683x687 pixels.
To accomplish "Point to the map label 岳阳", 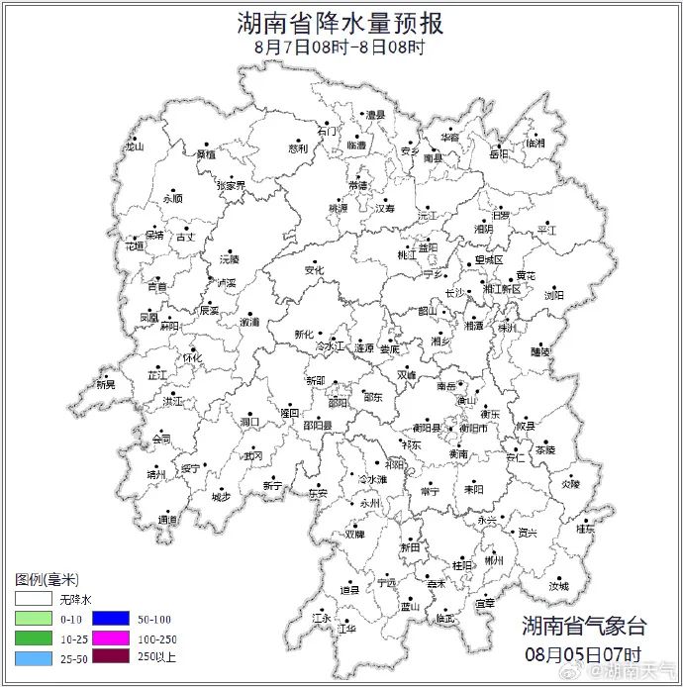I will click(x=499, y=154).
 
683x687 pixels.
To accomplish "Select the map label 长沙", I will click(x=454, y=293).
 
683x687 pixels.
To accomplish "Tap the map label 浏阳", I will click(x=553, y=295).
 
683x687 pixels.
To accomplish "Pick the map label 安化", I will click(x=314, y=269).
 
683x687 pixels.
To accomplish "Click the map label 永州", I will click(x=370, y=503).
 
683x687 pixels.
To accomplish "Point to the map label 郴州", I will click(x=494, y=560).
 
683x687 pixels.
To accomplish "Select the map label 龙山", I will click(x=134, y=147).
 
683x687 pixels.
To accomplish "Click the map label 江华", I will click(x=346, y=628).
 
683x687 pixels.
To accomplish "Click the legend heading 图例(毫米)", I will click(x=47, y=579).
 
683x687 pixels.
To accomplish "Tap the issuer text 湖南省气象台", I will click(x=584, y=626).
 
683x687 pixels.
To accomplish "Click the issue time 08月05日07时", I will click(x=584, y=654).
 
